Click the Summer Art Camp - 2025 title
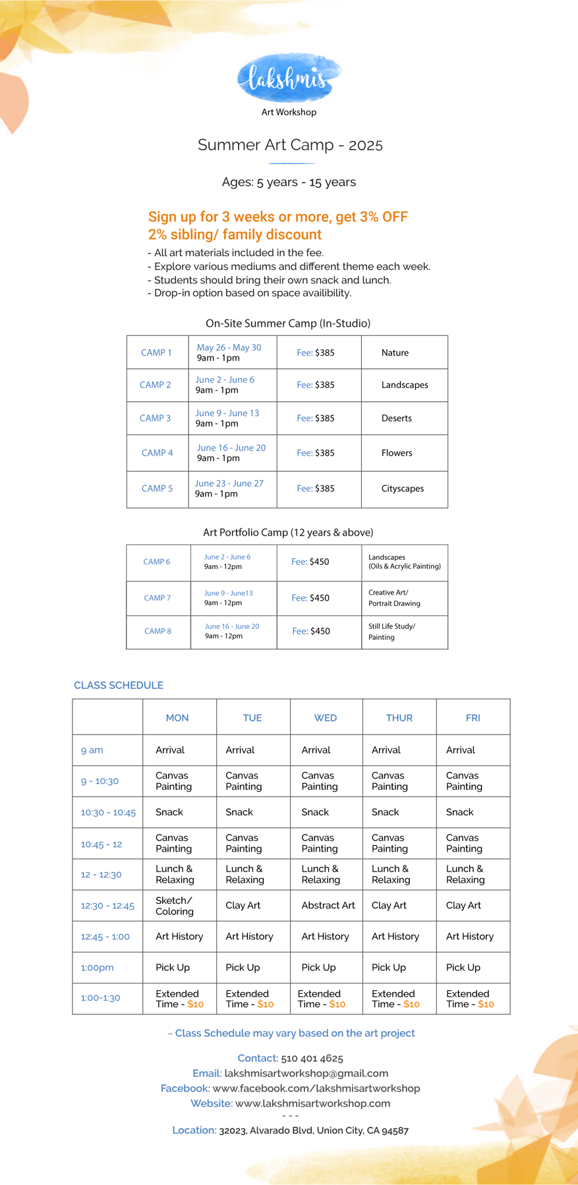290,145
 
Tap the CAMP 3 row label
156,418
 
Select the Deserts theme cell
396,418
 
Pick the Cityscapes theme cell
402,489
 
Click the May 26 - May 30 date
229,348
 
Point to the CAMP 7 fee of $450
310,598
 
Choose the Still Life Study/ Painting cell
391,632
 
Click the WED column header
326,718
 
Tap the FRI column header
473,718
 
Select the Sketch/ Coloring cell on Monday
174,906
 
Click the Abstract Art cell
328,906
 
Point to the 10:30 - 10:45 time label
108,813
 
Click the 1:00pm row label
97,968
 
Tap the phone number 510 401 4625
312,1059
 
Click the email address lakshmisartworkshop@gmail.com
306,1074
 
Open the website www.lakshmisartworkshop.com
312,1103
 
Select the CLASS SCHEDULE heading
119,686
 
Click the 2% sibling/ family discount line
235,235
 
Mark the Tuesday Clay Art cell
243,906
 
